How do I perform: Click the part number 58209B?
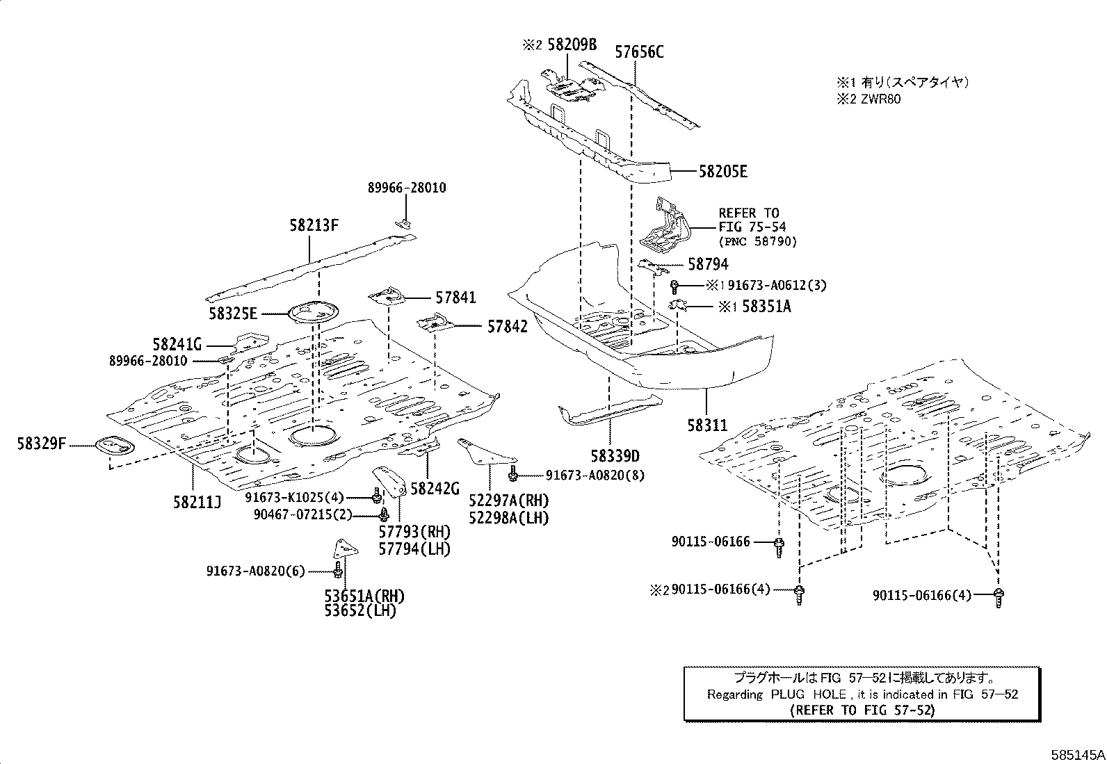click(572, 45)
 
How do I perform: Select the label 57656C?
click(639, 51)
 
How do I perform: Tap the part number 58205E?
click(722, 172)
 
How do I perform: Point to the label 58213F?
click(314, 225)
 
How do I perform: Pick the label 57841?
click(456, 298)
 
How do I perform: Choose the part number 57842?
click(507, 326)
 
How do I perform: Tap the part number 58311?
click(707, 425)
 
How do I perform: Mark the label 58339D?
click(615, 456)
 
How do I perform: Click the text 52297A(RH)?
click(508, 501)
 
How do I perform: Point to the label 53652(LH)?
click(359, 611)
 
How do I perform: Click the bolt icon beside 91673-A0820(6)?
click(338, 571)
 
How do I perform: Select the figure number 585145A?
click(1077, 754)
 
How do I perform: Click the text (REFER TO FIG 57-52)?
click(862, 710)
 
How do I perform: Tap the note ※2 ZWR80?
click(868, 99)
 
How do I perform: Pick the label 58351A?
click(766, 306)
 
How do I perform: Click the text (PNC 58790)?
click(757, 241)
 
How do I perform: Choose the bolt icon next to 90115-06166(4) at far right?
click(999, 596)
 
